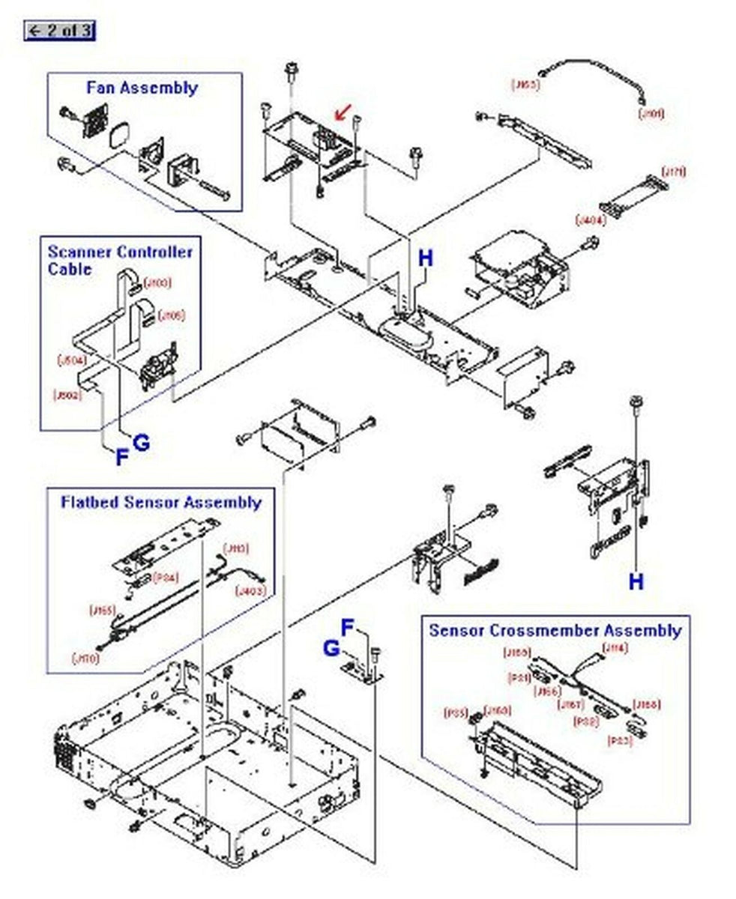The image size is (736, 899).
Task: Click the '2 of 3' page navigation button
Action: [59, 31]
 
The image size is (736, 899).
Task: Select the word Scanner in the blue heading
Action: [79, 252]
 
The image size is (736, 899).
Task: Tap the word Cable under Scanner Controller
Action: [70, 269]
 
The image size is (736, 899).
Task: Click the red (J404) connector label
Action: [586, 220]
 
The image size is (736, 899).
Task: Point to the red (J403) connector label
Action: [250, 591]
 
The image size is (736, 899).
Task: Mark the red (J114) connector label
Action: [615, 649]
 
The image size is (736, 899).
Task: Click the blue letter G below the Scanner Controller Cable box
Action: [141, 443]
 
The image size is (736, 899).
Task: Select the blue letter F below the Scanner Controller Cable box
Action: [121, 458]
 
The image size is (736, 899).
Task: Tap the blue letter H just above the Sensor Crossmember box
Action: [636, 581]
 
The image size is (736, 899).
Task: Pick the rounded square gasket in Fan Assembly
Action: [121, 139]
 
